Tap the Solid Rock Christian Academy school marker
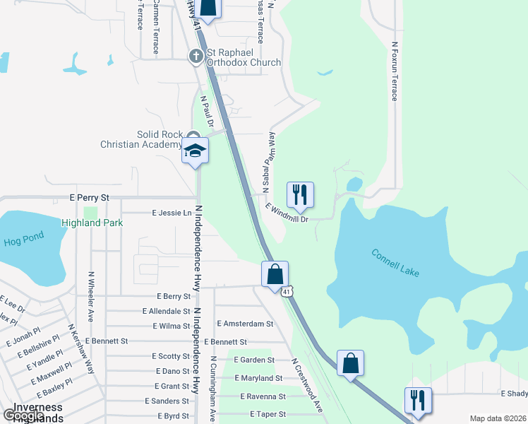[196, 151]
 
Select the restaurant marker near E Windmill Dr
[300, 194]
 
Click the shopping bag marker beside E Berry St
[275, 274]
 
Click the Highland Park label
[92, 223]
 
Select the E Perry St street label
[90, 198]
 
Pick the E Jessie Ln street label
[172, 213]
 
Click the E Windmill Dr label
[287, 213]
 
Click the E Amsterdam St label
[245, 324]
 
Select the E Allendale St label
[167, 311]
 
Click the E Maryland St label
[258, 379]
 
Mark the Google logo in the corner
[23, 416]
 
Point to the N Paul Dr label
[207, 112]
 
